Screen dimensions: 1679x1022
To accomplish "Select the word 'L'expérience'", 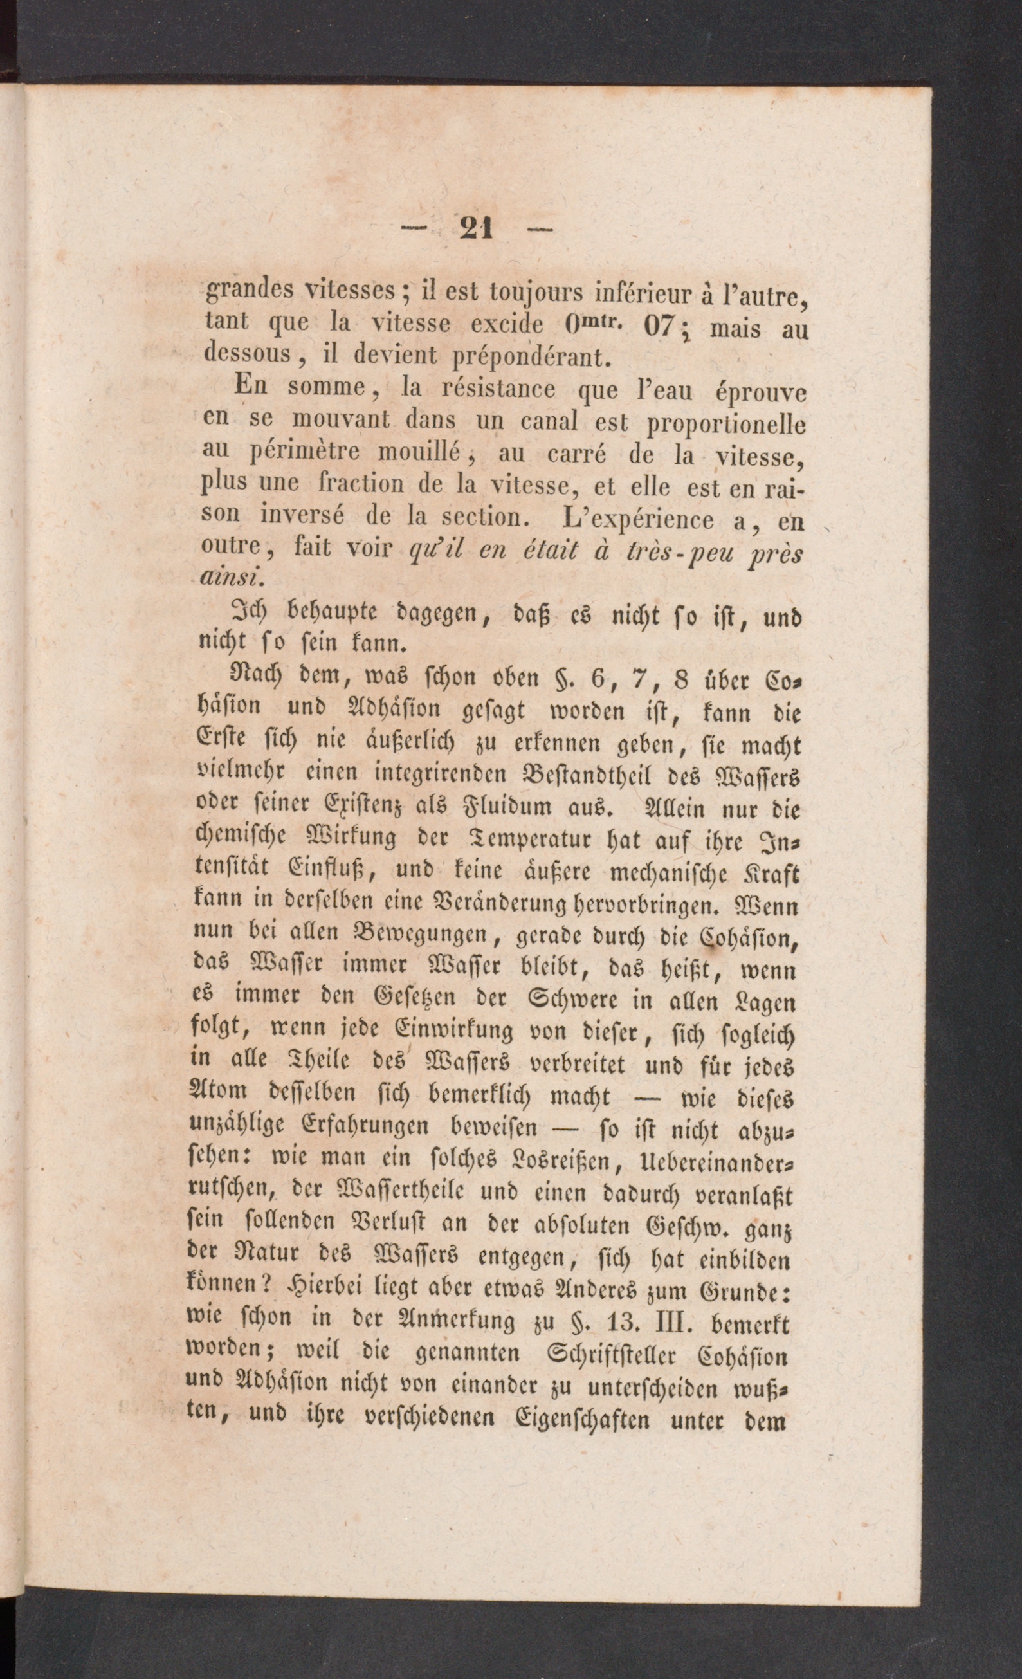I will coord(639,519).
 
